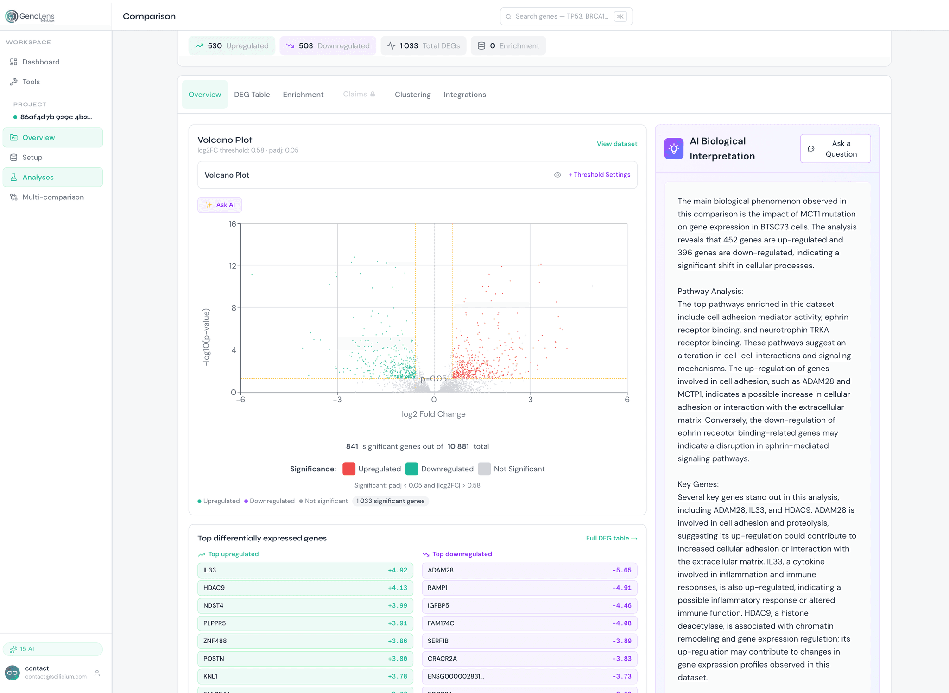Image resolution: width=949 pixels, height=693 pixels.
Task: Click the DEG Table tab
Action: (252, 95)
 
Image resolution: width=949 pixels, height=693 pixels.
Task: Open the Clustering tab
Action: (412, 95)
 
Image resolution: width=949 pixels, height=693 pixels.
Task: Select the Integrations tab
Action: (465, 95)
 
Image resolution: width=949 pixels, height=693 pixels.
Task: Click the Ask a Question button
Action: (835, 149)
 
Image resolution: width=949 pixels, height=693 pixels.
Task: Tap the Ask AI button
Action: (220, 205)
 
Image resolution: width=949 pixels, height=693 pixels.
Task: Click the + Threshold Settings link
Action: (599, 175)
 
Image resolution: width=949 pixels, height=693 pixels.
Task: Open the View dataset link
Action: (617, 144)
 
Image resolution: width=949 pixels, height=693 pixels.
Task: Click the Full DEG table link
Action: (612, 538)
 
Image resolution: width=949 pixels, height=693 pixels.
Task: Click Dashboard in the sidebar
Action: (41, 62)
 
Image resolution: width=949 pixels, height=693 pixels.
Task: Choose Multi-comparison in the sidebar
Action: (53, 197)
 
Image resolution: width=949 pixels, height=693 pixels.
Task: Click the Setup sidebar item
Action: (32, 158)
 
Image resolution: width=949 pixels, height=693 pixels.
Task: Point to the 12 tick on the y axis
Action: (232, 266)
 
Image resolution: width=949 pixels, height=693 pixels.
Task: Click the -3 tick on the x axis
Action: (337, 400)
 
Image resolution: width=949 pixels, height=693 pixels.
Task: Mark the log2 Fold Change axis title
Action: (433, 414)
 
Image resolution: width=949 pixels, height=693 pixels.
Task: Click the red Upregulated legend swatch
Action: (349, 469)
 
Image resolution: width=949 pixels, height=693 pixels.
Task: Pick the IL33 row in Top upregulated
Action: (305, 570)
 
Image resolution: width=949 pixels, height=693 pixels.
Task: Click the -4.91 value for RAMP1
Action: (622, 588)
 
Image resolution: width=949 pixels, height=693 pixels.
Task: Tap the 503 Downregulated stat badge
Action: (328, 45)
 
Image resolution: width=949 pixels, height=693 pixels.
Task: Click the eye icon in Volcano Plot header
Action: (557, 175)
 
